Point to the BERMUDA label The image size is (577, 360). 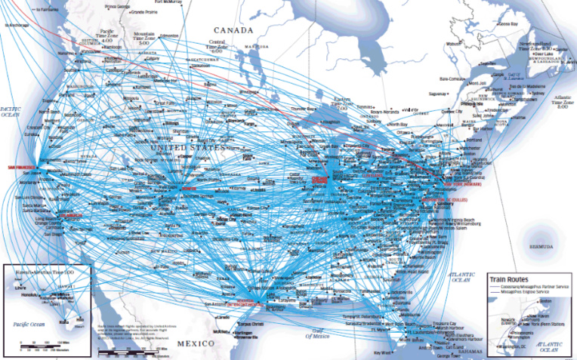tap(544, 247)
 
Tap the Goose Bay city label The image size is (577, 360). tap(509, 24)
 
